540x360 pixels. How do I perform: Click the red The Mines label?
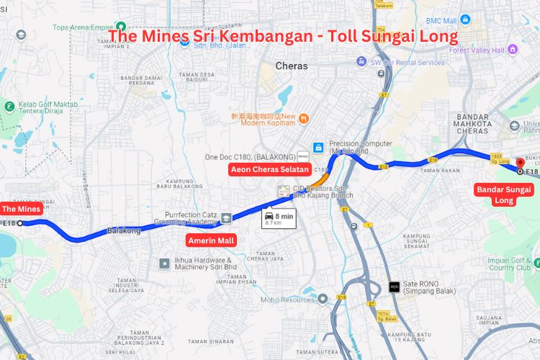(x=20, y=210)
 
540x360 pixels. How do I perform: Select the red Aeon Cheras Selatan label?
(x=269, y=170)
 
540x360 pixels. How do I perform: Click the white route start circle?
(x=20, y=223)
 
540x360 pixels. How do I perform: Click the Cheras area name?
(x=292, y=66)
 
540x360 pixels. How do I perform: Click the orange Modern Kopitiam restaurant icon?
(x=305, y=118)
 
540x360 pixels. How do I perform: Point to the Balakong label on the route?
(x=124, y=231)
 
